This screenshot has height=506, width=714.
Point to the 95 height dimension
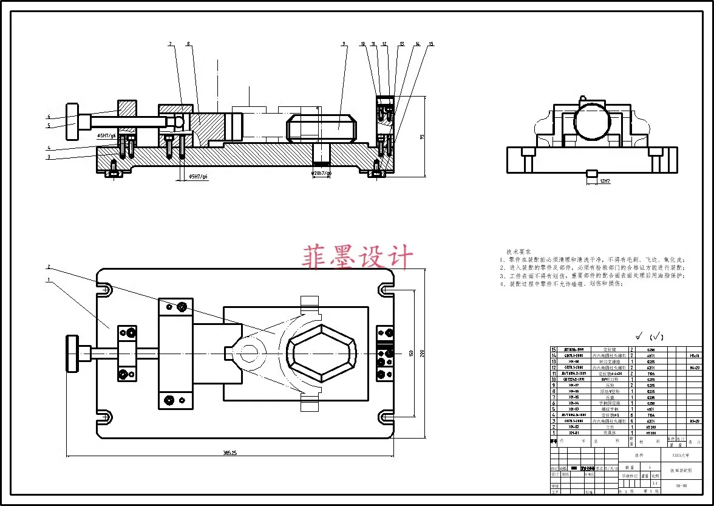coord(421,137)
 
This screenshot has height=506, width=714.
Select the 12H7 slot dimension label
coord(604,181)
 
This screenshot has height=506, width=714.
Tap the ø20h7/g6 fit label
coord(321,173)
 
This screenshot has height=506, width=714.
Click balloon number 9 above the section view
coord(344,44)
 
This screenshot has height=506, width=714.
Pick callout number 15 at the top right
coord(431,44)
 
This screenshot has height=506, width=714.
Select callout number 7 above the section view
coord(171,44)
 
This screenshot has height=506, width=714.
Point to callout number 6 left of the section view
coord(49,117)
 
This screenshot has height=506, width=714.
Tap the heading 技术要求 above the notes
coord(518,251)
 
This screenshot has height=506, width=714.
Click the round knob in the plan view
coord(72,353)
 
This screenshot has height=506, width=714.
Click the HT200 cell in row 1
coord(650,433)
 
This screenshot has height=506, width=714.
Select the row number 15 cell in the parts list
coord(553,349)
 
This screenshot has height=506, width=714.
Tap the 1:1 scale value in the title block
coord(654,483)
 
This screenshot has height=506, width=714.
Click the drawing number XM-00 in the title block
coord(681,485)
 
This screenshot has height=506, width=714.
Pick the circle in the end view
coord(593,121)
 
